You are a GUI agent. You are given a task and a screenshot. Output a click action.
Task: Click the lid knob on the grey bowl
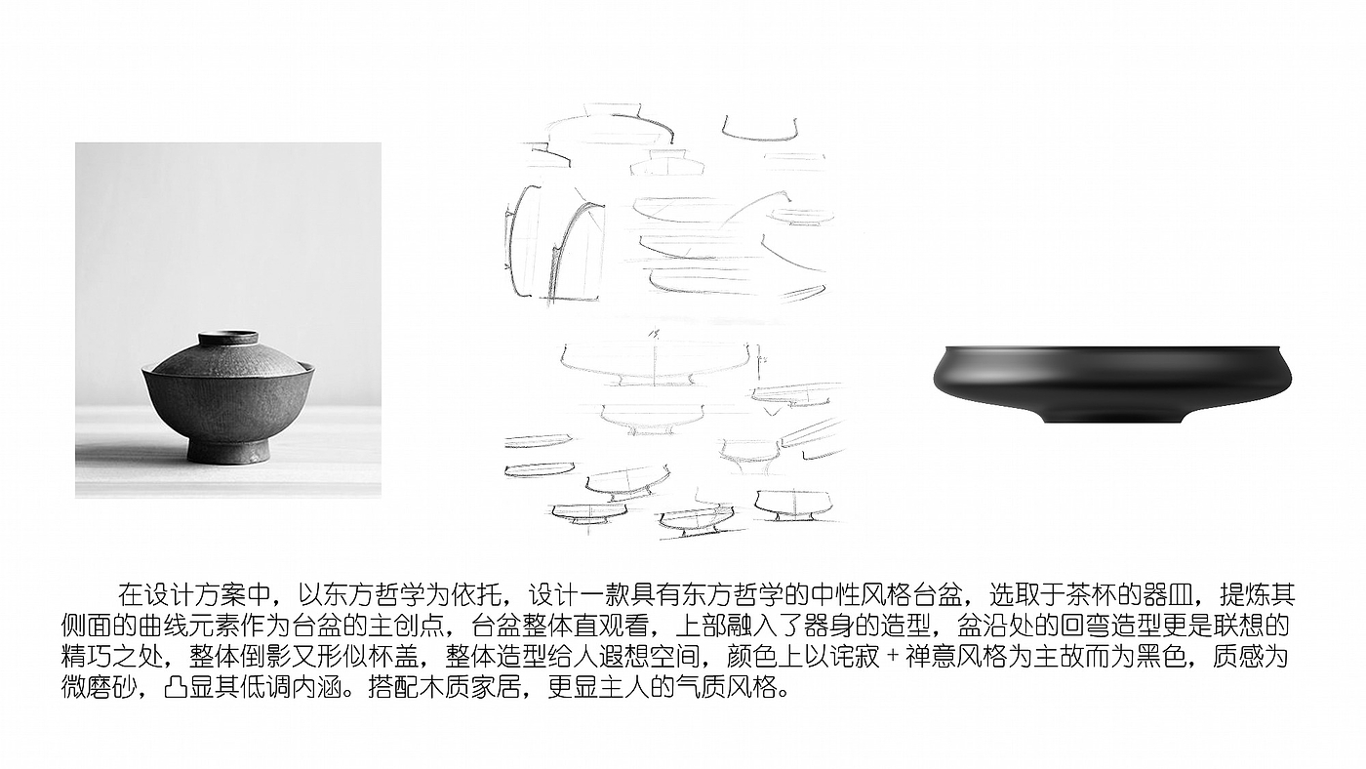228,338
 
